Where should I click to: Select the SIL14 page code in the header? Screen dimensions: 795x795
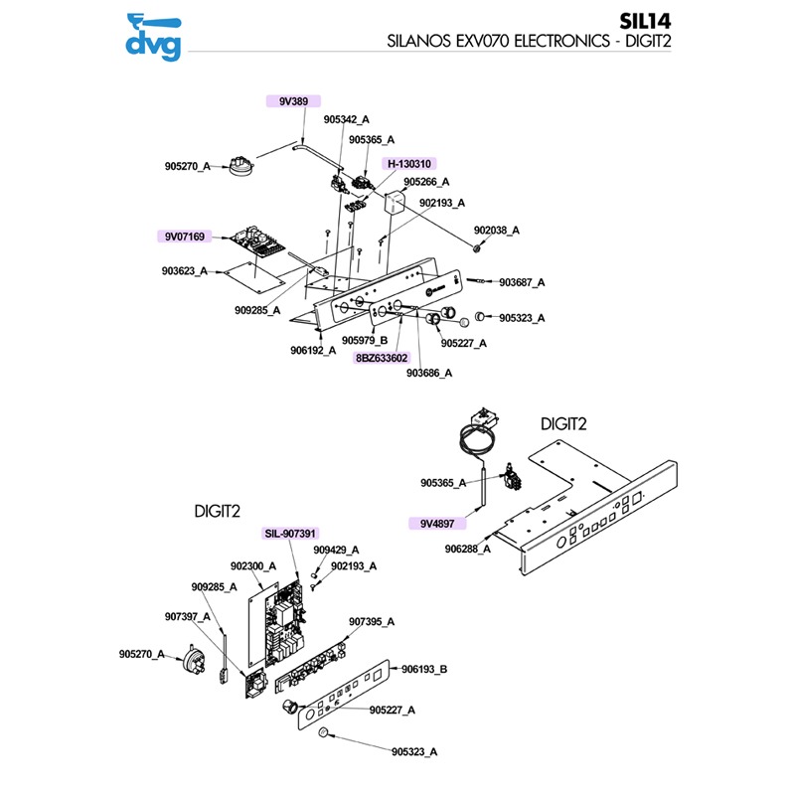[749, 21]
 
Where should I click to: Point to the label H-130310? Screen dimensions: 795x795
[410, 163]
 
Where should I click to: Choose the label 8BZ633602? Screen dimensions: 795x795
[382, 358]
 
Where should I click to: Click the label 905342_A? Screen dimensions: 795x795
[347, 120]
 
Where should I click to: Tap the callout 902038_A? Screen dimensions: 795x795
[496, 231]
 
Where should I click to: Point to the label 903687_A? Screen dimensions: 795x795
[522, 283]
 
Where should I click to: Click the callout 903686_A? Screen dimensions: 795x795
[429, 373]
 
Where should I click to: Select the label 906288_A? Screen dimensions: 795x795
[467, 549]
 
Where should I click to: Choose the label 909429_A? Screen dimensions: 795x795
[336, 550]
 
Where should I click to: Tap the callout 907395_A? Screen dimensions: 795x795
[372, 621]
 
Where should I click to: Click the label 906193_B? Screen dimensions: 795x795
[424, 670]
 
